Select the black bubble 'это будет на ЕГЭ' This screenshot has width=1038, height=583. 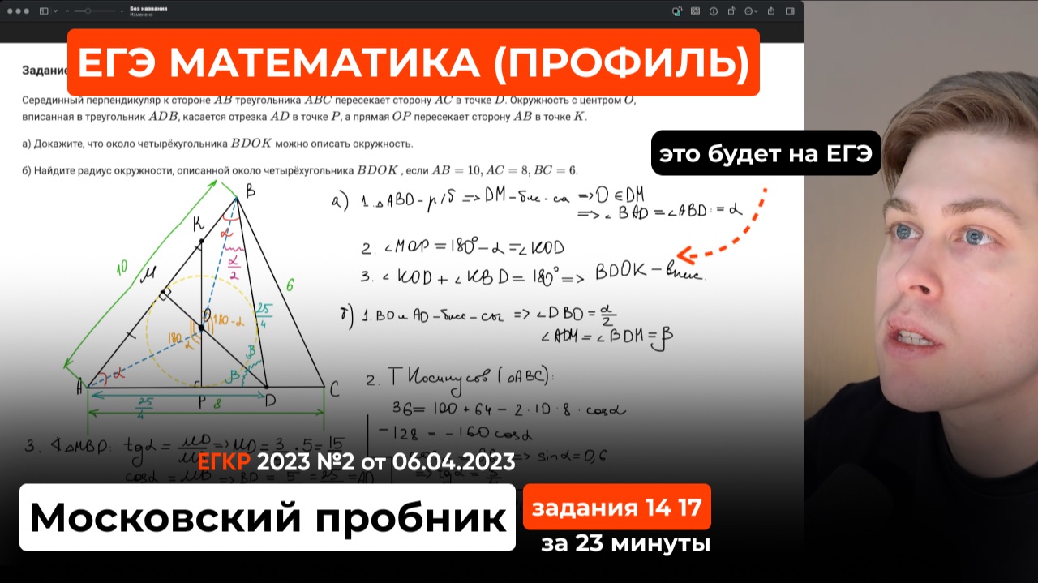click(766, 153)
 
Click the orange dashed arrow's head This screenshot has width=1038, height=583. click(683, 255)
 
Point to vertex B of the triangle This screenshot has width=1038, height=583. click(235, 196)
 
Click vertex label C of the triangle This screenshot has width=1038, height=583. click(335, 389)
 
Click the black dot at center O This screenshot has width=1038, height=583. click(200, 328)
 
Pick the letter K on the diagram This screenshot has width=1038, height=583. click(198, 226)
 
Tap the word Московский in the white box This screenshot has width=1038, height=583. click(165, 517)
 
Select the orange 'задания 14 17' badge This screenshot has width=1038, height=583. click(616, 508)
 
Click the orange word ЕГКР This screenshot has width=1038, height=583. click(225, 461)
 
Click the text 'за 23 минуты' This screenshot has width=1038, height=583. click(625, 544)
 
